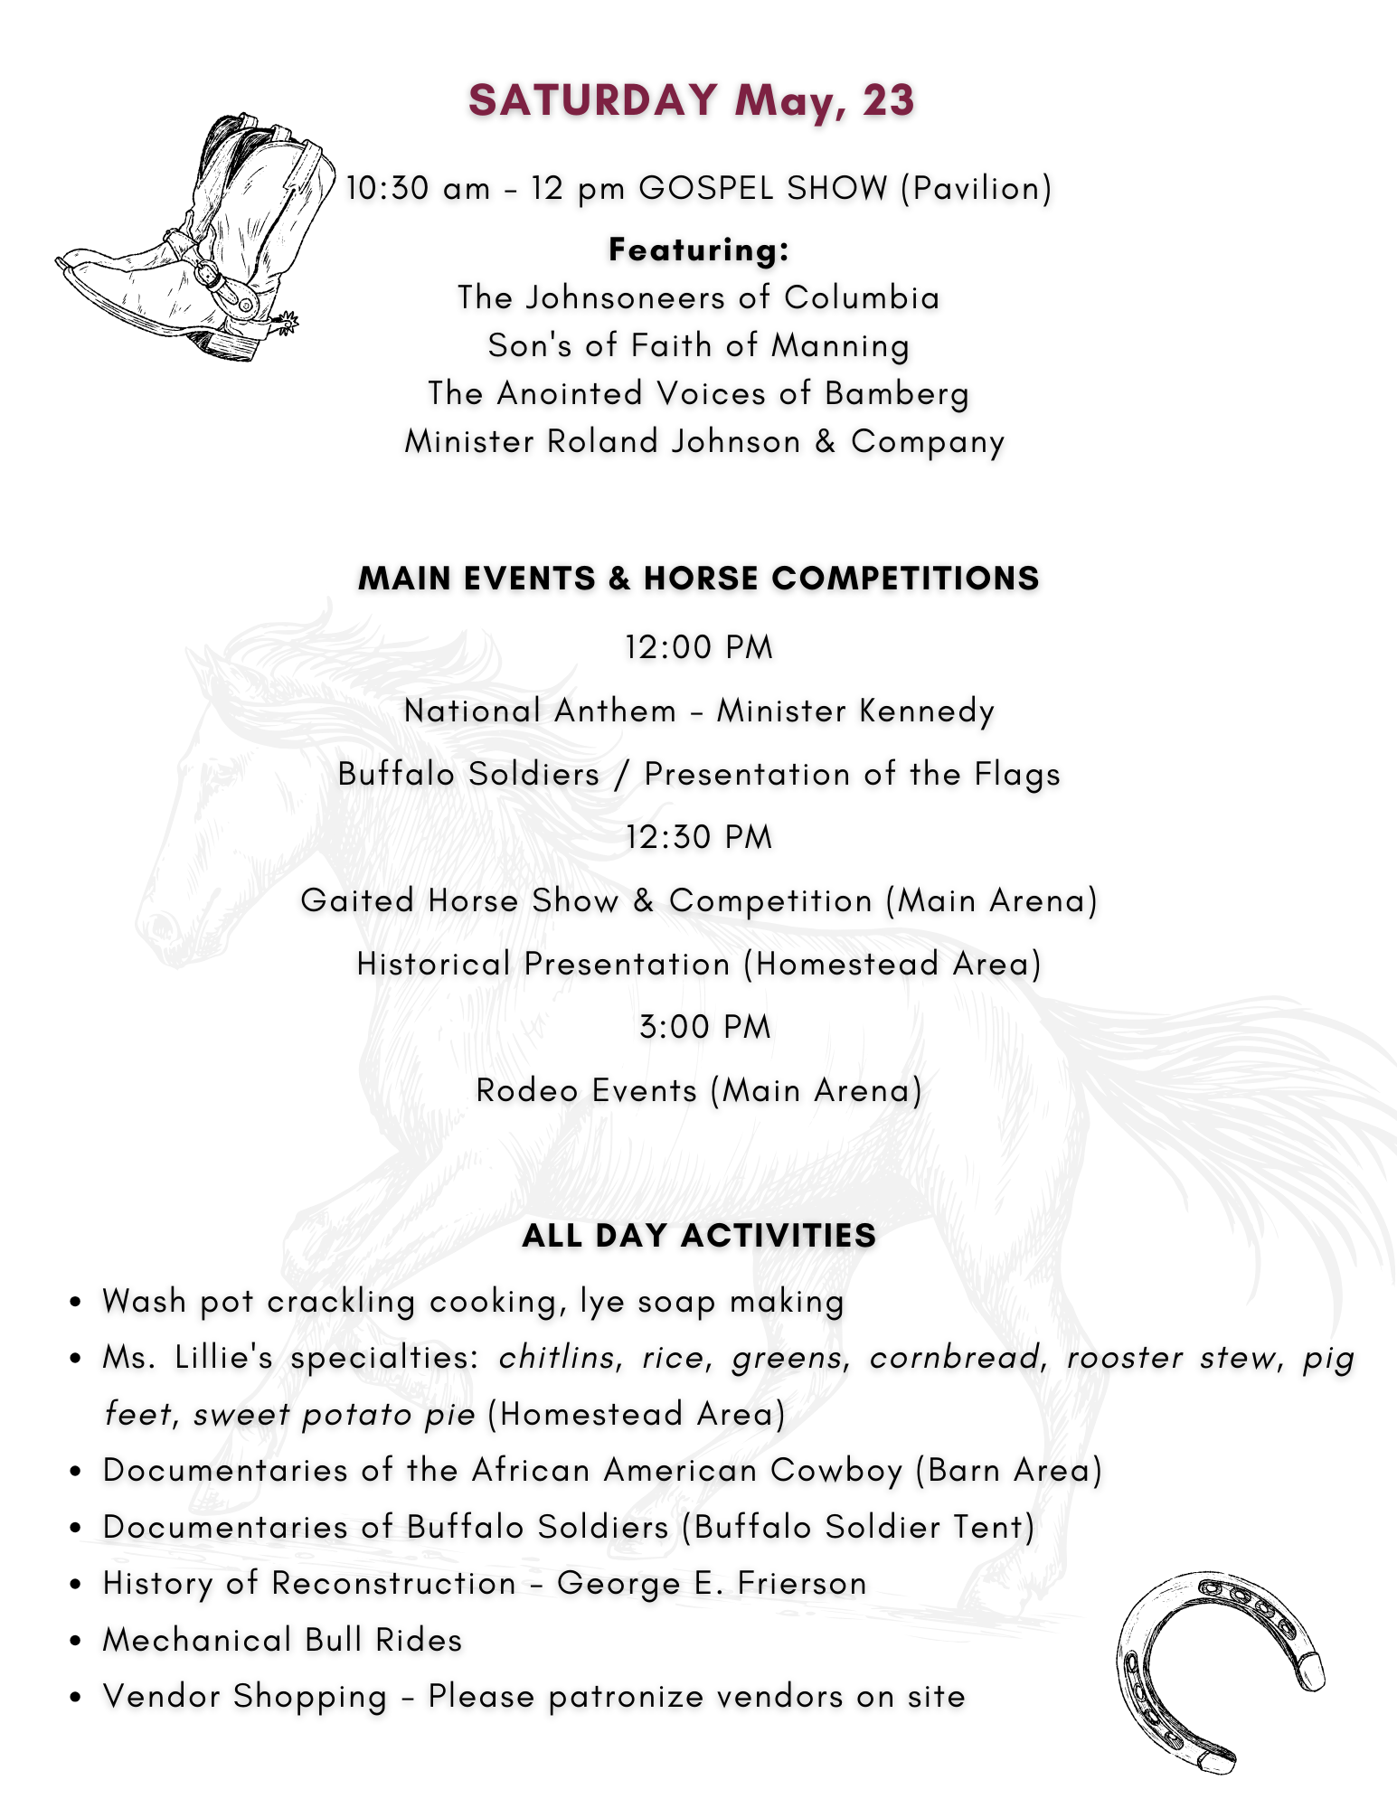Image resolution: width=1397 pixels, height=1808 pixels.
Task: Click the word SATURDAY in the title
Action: (593, 99)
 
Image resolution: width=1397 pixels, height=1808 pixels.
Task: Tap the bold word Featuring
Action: (699, 250)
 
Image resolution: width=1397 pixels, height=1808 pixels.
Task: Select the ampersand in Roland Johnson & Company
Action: (825, 441)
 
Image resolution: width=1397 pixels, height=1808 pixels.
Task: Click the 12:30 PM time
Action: (699, 837)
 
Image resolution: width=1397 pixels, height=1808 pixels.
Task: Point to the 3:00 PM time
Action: (704, 1027)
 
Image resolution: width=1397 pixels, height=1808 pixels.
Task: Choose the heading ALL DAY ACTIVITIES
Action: (699, 1235)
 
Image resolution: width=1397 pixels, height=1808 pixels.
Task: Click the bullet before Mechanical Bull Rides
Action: (77, 1642)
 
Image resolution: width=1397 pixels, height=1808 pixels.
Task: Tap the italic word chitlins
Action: (556, 1358)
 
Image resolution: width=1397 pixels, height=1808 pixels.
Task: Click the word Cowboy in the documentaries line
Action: (836, 1471)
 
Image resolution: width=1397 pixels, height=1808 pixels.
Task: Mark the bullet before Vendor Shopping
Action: (77, 1698)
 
